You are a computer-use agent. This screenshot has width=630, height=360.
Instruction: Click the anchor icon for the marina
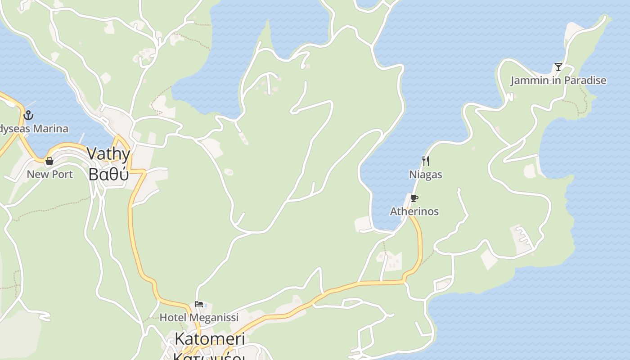click(28, 115)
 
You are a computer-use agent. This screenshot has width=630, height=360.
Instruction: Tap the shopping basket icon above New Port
click(49, 161)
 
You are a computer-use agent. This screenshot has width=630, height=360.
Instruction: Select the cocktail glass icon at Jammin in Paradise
click(558, 67)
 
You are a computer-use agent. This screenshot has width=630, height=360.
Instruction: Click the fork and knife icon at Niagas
click(425, 161)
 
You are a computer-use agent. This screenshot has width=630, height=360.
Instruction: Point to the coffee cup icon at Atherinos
click(414, 198)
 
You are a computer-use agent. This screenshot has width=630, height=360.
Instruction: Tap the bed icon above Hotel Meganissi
click(199, 304)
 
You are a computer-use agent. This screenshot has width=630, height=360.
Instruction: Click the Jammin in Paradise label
click(558, 81)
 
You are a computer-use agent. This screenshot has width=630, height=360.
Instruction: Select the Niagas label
click(425, 175)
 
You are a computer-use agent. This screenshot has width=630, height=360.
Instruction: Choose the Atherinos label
click(414, 211)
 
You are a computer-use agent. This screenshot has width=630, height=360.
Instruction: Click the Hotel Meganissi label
click(199, 318)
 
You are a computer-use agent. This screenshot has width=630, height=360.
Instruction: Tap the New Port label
click(49, 175)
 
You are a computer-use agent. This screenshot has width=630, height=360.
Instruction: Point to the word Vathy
click(108, 154)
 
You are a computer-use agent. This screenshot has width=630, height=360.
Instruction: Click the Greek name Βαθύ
click(108, 174)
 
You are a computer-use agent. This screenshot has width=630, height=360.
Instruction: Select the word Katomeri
click(210, 339)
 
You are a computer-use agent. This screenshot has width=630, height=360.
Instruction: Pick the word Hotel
click(172, 318)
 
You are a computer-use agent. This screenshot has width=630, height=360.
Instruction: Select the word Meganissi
click(213, 318)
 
